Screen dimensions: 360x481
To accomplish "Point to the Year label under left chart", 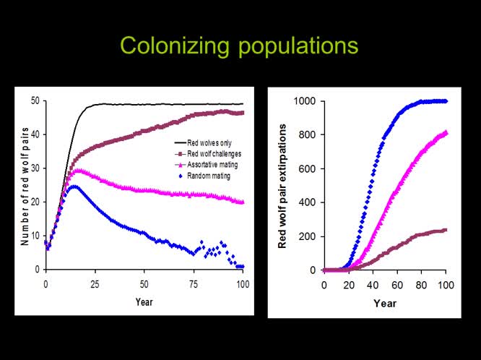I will point(144,301).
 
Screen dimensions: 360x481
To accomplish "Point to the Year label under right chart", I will point(384,303).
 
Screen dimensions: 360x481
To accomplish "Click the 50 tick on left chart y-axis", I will point(35,101).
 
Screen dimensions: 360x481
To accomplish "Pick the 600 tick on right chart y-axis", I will point(307,168).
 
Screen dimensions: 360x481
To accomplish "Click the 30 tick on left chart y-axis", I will point(35,168).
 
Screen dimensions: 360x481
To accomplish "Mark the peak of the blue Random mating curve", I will point(74,187).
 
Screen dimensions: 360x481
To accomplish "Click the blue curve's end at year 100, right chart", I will point(446,101).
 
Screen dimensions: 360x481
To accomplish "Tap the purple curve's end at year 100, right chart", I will point(446,230).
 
